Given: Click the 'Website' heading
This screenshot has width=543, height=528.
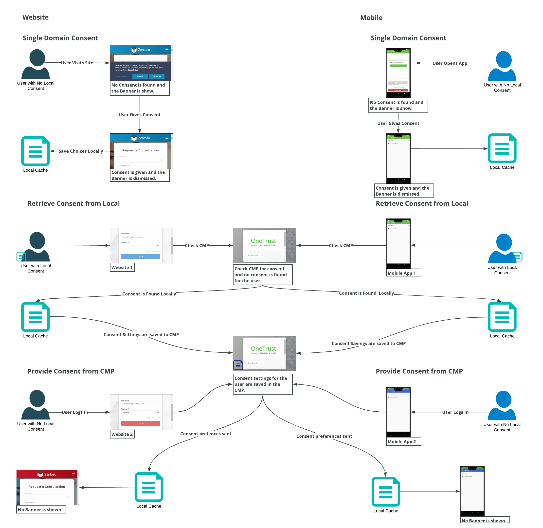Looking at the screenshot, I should point(36,18).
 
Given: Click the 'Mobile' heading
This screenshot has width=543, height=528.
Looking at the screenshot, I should point(371,18).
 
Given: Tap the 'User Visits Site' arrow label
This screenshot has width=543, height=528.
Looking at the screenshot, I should point(77,63).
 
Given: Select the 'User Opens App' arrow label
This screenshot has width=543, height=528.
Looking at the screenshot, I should point(450,63).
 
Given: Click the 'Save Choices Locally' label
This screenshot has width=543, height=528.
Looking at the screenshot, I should point(80,151).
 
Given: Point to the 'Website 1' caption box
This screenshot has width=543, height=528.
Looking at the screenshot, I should point(122,268).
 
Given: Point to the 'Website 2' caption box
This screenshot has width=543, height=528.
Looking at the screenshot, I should point(122,434).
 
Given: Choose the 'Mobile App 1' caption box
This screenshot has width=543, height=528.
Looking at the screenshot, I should point(403,273).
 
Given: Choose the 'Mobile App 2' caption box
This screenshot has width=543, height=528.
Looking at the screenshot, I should point(403,442).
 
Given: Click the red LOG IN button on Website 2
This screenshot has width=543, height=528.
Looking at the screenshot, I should point(140,423).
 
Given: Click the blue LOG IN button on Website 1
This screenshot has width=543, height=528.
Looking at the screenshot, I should point(140,257).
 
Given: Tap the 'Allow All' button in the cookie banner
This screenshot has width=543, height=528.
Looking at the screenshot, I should point(140,76).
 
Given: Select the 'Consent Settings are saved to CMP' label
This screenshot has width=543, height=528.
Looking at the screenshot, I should point(141,335).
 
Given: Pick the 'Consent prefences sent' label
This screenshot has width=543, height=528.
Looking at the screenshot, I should point(205,434).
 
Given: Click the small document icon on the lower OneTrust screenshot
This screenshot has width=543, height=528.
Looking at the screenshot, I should point(238,365).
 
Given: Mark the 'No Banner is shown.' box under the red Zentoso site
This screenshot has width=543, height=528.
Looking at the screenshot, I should point(41,510).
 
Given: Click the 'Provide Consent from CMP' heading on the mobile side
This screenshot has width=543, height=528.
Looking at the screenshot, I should point(419,371).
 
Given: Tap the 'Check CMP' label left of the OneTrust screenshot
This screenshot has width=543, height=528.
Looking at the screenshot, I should point(197,246).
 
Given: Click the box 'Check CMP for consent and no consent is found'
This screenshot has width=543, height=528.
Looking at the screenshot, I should point(262,275).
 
